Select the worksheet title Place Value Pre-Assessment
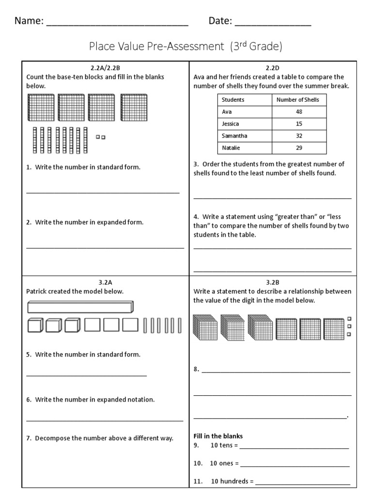point(185,46)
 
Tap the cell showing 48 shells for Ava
point(299,112)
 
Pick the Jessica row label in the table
point(231,124)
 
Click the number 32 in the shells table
point(299,136)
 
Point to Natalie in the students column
point(231,148)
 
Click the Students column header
point(233,100)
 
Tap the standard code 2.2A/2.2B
point(105,68)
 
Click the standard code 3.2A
point(105,282)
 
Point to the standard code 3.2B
point(272,282)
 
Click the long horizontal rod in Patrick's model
point(80,307)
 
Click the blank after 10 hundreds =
point(302,483)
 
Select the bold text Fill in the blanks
point(218,436)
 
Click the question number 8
point(196,370)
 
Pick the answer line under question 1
point(103,192)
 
